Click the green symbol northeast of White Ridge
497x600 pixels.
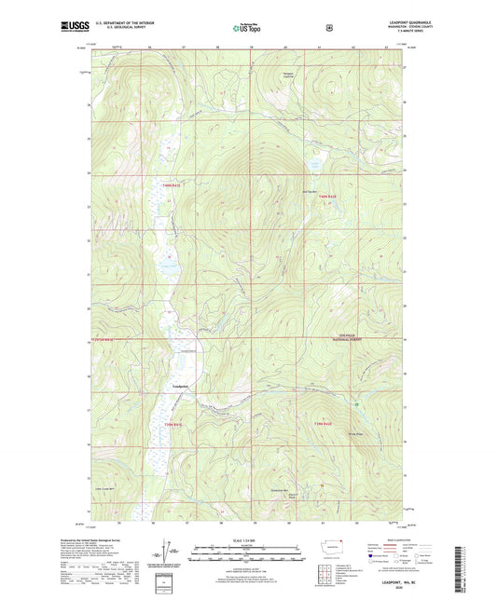pyautogui.click(x=357, y=403)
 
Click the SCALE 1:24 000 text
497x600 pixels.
pyautogui.click(x=249, y=541)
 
